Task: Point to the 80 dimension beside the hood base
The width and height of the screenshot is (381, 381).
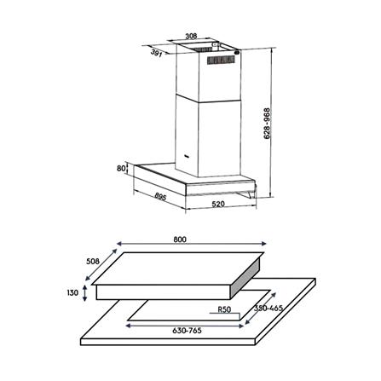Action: [x=122, y=169]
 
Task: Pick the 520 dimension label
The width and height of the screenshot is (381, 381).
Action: [x=219, y=205]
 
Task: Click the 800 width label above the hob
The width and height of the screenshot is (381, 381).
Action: [x=179, y=240]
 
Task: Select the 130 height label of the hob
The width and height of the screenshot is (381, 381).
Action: [x=73, y=292]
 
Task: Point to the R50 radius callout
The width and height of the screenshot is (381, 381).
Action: [x=225, y=310]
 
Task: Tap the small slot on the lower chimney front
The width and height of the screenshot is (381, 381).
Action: [x=187, y=156]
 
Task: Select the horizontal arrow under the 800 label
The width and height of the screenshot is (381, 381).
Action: [x=180, y=247]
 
